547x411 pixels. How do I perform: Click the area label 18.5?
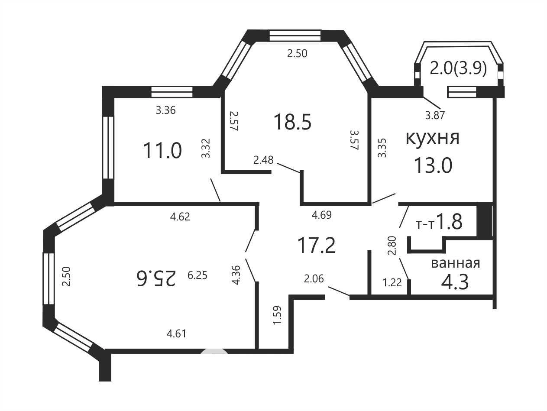point(293,122)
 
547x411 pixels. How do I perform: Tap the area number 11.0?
point(162,150)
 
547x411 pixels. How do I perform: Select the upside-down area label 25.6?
point(156,278)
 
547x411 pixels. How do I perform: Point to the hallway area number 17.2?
point(317,245)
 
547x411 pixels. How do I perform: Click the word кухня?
point(432,138)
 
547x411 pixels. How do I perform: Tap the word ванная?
point(456,263)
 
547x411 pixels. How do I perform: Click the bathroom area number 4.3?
point(455,282)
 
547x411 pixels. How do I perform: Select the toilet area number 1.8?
point(450,222)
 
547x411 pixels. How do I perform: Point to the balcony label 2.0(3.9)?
point(458,68)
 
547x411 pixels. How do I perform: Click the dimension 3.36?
point(166,110)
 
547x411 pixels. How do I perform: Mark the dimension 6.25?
point(197,275)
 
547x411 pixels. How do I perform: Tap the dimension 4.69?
point(322,215)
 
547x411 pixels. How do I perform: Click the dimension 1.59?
point(277,315)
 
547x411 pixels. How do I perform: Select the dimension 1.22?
point(392,282)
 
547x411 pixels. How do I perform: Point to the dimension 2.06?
point(314,279)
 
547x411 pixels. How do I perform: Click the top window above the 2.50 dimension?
point(295,36)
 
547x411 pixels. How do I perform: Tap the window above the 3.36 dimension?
point(172,92)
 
